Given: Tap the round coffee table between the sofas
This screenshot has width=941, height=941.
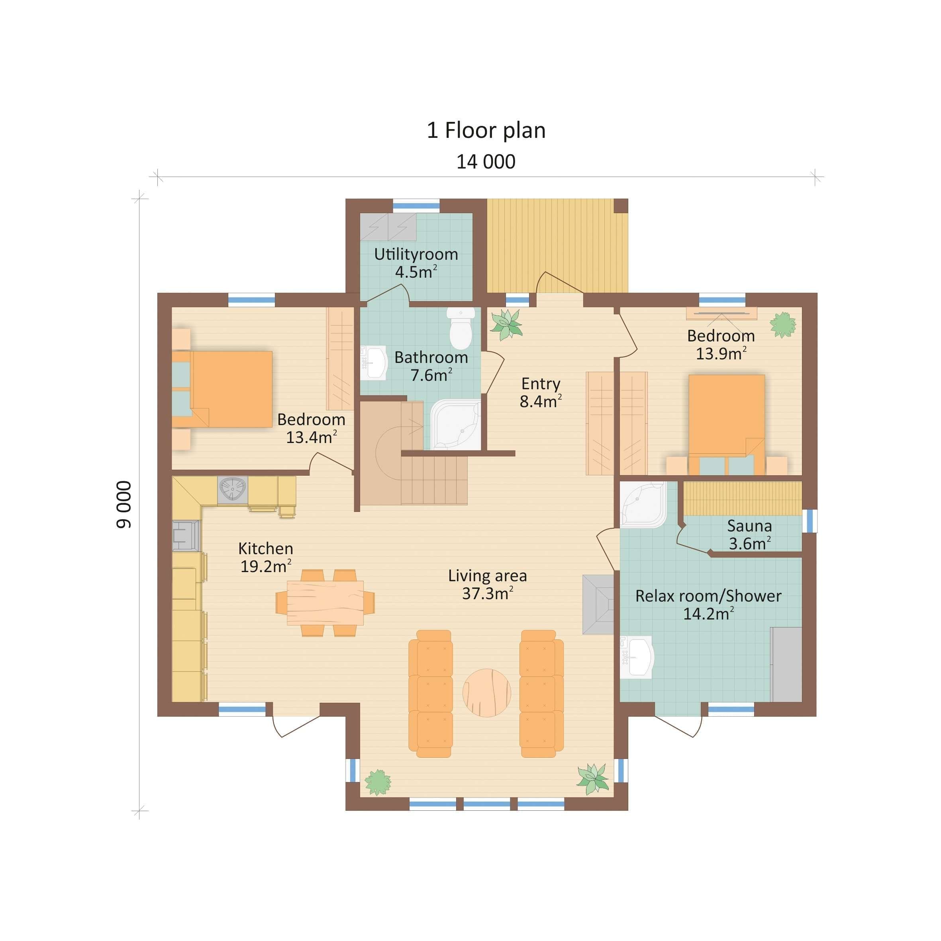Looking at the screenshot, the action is (486, 692).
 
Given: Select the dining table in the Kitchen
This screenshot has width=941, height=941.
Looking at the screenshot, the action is (325, 602).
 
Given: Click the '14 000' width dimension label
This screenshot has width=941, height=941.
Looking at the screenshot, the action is (486, 162).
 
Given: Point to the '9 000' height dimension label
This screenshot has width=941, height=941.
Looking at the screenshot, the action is (124, 505).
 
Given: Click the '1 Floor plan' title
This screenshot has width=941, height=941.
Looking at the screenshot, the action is (486, 131).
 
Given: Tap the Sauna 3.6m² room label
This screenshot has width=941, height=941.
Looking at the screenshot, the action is (749, 535).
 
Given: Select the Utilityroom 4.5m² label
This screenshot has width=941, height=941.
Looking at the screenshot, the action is (416, 263).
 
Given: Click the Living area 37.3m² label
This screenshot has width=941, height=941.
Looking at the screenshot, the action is (488, 584).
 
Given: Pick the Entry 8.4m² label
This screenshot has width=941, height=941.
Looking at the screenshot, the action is (541, 392).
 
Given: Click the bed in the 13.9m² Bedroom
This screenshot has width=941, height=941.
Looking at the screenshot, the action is (726, 424).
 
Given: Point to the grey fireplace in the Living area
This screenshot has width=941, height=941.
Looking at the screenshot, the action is (598, 604).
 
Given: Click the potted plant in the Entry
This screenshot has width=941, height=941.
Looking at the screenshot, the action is (506, 325).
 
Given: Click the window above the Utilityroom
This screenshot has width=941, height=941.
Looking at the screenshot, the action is (416, 206).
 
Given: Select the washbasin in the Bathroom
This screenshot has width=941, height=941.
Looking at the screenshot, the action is (374, 363).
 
